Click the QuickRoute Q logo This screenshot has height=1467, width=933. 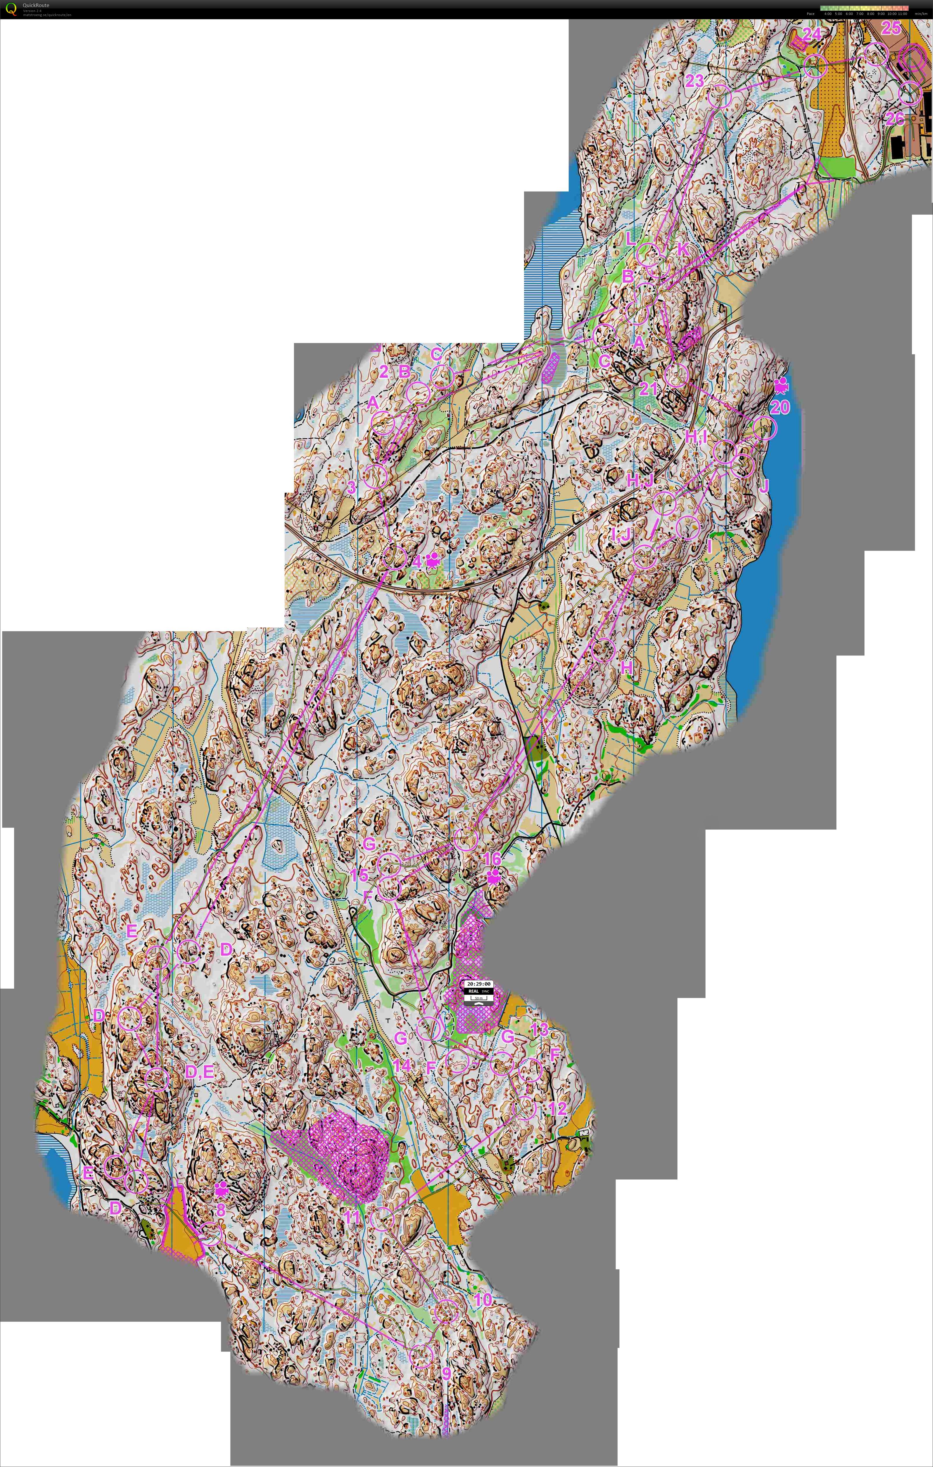10,9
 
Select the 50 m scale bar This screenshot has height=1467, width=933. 478,998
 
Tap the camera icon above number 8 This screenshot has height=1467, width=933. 221,1188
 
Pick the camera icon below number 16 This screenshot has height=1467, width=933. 493,877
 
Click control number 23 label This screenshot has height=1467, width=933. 694,81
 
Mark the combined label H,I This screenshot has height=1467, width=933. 696,437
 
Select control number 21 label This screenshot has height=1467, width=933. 649,388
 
